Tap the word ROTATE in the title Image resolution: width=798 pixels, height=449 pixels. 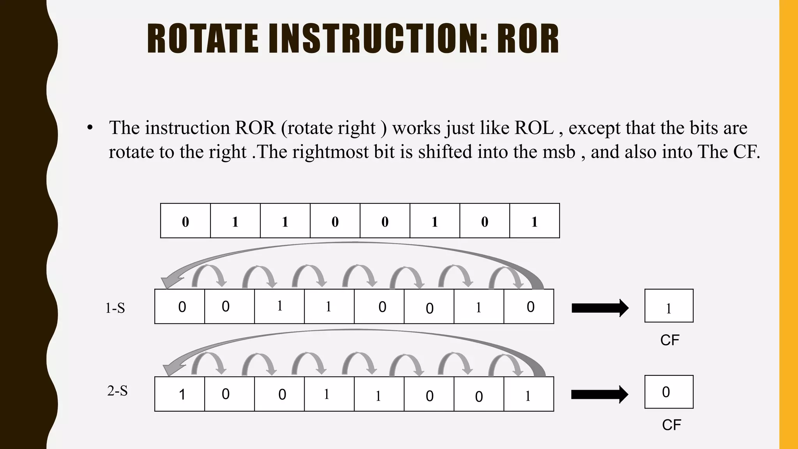coord(203,39)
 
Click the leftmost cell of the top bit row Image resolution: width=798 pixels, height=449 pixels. coord(185,221)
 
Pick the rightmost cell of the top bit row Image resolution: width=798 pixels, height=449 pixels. coord(535,221)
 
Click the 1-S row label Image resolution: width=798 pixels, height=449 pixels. coord(115,308)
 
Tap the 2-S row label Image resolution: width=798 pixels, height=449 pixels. coord(117,391)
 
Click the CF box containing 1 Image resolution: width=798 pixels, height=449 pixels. coord(669,306)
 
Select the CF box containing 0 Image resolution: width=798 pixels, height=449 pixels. coord(669,392)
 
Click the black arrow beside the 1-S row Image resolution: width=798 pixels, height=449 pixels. coord(600,308)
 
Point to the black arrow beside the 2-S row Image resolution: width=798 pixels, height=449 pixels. coord(599,394)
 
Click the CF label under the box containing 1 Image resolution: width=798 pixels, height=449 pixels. coord(669,340)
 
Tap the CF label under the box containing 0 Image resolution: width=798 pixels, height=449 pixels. coord(671,425)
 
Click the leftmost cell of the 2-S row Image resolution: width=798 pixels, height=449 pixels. coord(180,394)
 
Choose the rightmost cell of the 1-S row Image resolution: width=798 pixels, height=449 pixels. coord(529,307)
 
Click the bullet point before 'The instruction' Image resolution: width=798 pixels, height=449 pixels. coord(90,128)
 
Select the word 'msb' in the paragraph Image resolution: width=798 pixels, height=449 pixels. coord(559,152)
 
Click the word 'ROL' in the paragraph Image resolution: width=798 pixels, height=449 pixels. coord(534,128)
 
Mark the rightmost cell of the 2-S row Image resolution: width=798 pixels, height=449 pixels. coord(529,394)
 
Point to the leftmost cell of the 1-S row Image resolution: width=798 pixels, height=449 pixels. coord(180,307)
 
